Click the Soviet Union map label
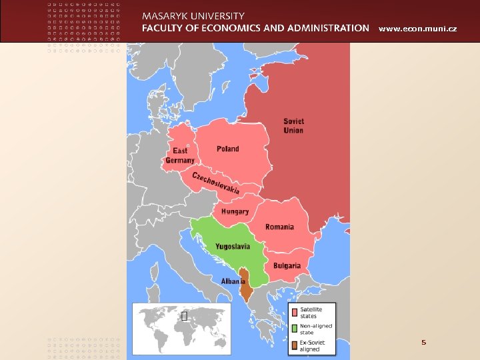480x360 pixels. point(293,125)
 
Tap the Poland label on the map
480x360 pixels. point(227,149)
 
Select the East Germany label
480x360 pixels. point(180,156)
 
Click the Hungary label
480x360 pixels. point(235,211)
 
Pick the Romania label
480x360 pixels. point(279,227)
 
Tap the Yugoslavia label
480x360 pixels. point(232,246)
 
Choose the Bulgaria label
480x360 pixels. point(286,265)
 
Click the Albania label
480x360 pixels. point(233,281)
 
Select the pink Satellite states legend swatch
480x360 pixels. point(294,312)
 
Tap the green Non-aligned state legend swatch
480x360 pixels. point(294,329)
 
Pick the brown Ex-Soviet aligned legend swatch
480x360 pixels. point(294,345)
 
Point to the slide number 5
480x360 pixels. point(423,342)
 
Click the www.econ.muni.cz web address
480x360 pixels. point(417,29)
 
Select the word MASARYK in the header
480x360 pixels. point(168,15)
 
